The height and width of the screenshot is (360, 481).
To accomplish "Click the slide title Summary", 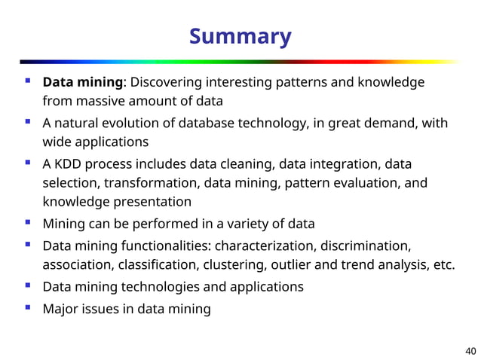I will (240, 36).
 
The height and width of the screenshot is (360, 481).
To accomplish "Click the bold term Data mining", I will (82, 82).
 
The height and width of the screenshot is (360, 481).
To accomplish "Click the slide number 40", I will (470, 350).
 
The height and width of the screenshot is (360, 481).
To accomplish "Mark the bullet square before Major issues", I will (27, 307).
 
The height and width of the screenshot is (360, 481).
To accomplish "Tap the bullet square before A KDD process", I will (27, 162).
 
